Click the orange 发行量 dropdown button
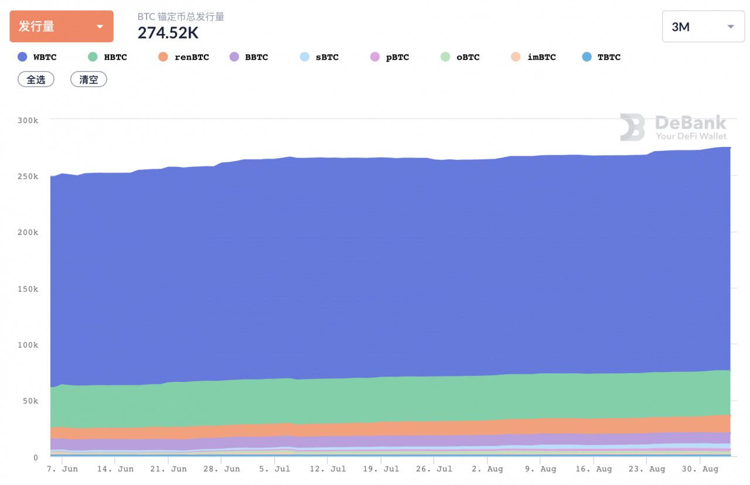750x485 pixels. click(61, 26)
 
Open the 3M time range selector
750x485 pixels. click(703, 27)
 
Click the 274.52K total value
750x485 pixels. click(168, 33)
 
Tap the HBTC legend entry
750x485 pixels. click(108, 57)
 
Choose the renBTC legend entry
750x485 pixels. click(184, 57)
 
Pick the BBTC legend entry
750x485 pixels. click(249, 57)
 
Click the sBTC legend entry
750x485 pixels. click(319, 57)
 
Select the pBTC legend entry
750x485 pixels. click(390, 57)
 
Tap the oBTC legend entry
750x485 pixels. click(460, 57)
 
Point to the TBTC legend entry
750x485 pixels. click(601, 57)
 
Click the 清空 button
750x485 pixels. click(88, 80)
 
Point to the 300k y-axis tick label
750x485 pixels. click(28, 120)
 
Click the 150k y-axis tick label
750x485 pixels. click(28, 289)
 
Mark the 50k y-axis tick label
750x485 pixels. click(29, 401)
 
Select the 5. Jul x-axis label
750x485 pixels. click(274, 469)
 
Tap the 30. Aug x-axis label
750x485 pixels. click(702, 469)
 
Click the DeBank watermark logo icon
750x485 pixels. click(632, 128)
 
